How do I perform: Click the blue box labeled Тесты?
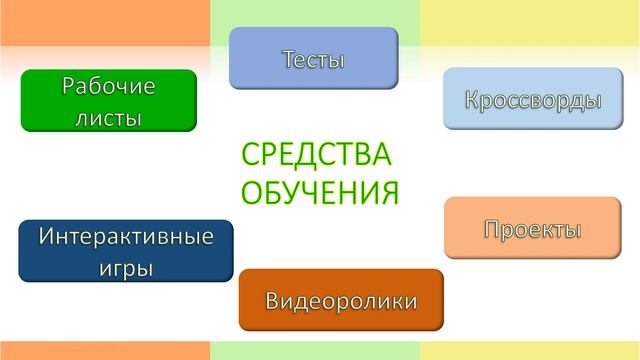[x=313, y=58]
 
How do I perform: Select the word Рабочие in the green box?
[x=109, y=86]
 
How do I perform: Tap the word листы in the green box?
[x=109, y=117]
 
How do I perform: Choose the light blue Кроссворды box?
[x=533, y=99]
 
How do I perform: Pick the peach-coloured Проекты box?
[x=532, y=228]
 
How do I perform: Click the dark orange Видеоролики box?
[x=341, y=300]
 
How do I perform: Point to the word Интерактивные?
[x=126, y=237]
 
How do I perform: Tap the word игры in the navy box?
[x=126, y=267]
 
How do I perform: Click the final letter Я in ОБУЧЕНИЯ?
[x=388, y=190]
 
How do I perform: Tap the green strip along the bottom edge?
[x=315, y=351]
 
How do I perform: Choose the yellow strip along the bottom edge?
[x=530, y=351]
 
